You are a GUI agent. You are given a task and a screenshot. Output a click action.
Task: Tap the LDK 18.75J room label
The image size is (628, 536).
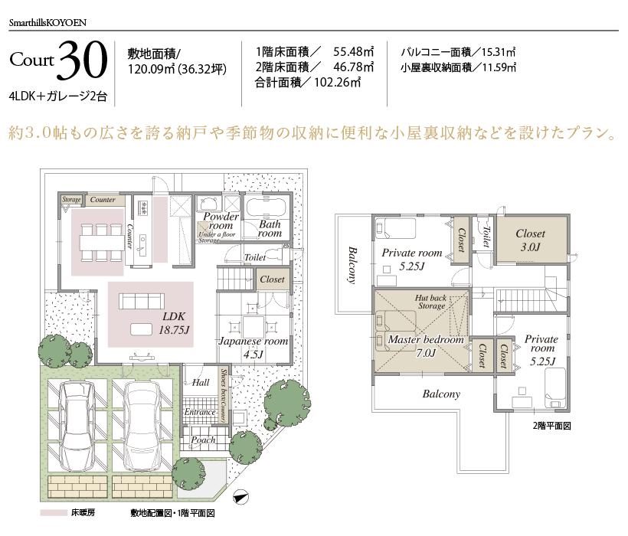coord(175,322)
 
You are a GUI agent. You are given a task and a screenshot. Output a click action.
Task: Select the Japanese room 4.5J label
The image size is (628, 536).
coord(253,347)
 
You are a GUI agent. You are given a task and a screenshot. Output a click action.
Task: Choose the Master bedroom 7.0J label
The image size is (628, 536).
coord(426,345)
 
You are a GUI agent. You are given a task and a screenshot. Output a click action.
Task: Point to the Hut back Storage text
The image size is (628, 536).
coord(431,301)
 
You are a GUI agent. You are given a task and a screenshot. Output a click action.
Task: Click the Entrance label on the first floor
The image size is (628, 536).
coord(199,412)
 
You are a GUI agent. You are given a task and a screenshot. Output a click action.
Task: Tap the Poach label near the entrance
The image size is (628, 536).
coord(204,440)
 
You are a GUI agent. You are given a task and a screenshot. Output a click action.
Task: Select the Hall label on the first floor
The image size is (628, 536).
coord(201,382)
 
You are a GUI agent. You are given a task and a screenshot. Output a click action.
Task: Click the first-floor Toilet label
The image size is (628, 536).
coord(255,258)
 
